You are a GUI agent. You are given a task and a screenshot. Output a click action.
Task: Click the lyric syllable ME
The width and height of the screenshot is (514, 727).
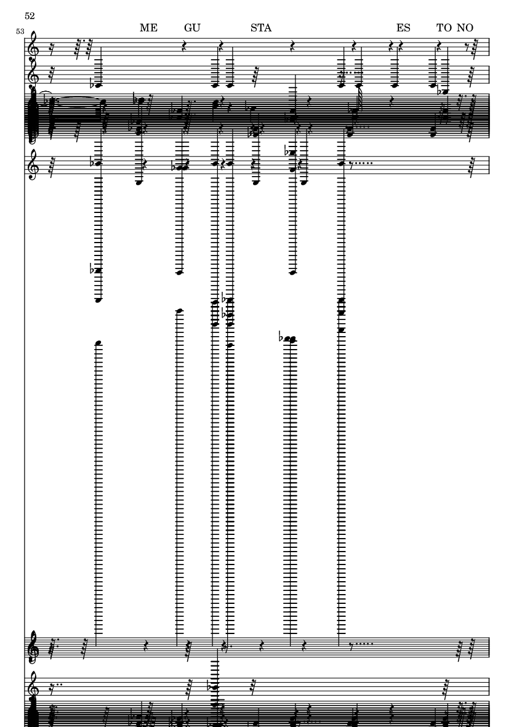pyautogui.click(x=148, y=28)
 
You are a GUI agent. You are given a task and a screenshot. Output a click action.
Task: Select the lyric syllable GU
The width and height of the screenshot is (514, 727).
pyautogui.click(x=192, y=28)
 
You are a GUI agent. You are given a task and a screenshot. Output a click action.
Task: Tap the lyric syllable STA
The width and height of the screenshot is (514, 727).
pyautogui.click(x=261, y=28)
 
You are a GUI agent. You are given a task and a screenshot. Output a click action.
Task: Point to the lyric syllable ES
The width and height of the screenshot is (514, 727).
pyautogui.click(x=403, y=28)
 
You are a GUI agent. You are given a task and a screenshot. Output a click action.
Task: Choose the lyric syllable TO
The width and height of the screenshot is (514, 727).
pyautogui.click(x=444, y=28)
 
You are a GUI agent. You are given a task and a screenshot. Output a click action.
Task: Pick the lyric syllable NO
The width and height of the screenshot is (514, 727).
pyautogui.click(x=464, y=28)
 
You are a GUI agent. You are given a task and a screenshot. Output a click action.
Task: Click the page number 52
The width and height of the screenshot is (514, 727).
pyautogui.click(x=30, y=16)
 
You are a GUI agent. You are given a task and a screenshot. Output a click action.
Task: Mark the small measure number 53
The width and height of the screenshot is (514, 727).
pyautogui.click(x=20, y=31)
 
